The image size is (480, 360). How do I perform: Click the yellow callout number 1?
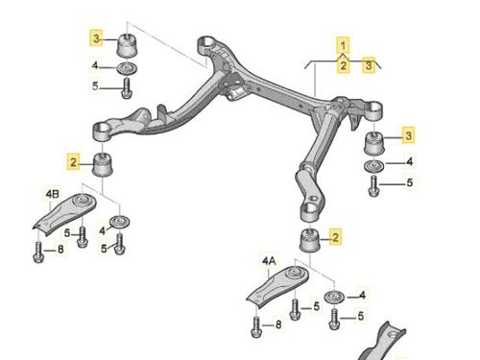(x=343, y=46)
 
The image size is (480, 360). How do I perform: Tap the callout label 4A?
(x=269, y=262)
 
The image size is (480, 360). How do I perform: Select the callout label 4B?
(x=53, y=194)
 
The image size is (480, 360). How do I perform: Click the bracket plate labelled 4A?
(x=277, y=287)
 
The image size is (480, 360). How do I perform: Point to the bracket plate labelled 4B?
(x=64, y=214)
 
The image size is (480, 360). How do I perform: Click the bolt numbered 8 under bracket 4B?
(x=38, y=252)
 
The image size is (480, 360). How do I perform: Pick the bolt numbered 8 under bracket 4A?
(x=256, y=326)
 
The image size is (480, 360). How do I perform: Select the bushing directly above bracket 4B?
(x=103, y=165)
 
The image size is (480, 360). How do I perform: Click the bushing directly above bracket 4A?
(x=310, y=240)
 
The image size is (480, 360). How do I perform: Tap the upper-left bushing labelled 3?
(x=129, y=45)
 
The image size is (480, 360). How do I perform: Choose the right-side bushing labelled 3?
(x=374, y=142)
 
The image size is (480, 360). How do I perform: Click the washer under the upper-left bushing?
(x=127, y=68)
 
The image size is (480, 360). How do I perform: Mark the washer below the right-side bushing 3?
(x=373, y=166)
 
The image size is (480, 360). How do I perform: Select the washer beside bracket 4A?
(x=334, y=298)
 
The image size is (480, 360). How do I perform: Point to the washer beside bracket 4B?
(x=120, y=222)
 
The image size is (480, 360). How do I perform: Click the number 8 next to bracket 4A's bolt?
(x=278, y=325)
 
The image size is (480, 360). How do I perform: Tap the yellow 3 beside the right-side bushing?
(x=408, y=135)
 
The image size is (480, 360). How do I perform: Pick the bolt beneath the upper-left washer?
(x=127, y=87)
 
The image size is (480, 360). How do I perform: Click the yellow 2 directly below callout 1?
(x=343, y=65)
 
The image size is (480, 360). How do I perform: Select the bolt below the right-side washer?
(x=373, y=185)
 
